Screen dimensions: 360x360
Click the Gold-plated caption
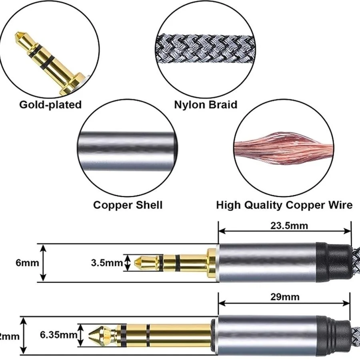pos(50,105)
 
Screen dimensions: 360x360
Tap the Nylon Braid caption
pos(206,105)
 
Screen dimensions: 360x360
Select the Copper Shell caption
pos(128,205)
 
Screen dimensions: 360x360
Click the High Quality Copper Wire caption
pos(284,205)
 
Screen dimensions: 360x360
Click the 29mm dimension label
pos(285,297)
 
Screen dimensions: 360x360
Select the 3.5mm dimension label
pos(106,263)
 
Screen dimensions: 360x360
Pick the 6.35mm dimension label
pos(59,334)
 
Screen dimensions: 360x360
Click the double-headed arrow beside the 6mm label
pos(44,263)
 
